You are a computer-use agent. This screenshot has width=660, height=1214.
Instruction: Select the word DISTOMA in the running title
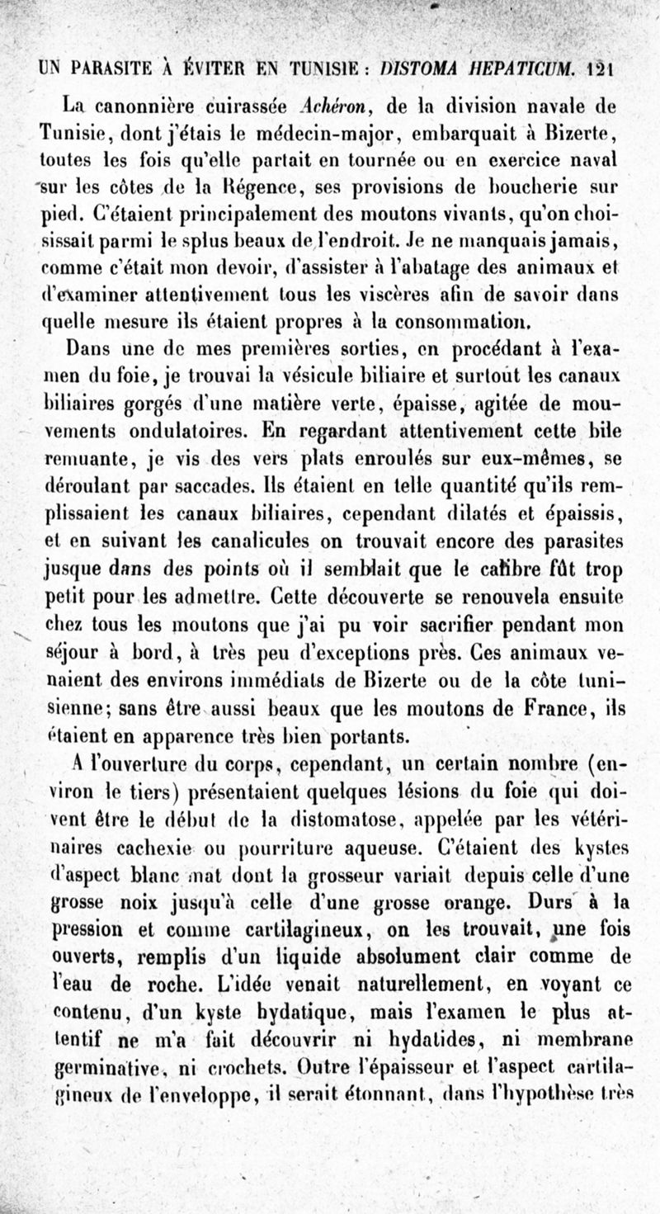[423, 68]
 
